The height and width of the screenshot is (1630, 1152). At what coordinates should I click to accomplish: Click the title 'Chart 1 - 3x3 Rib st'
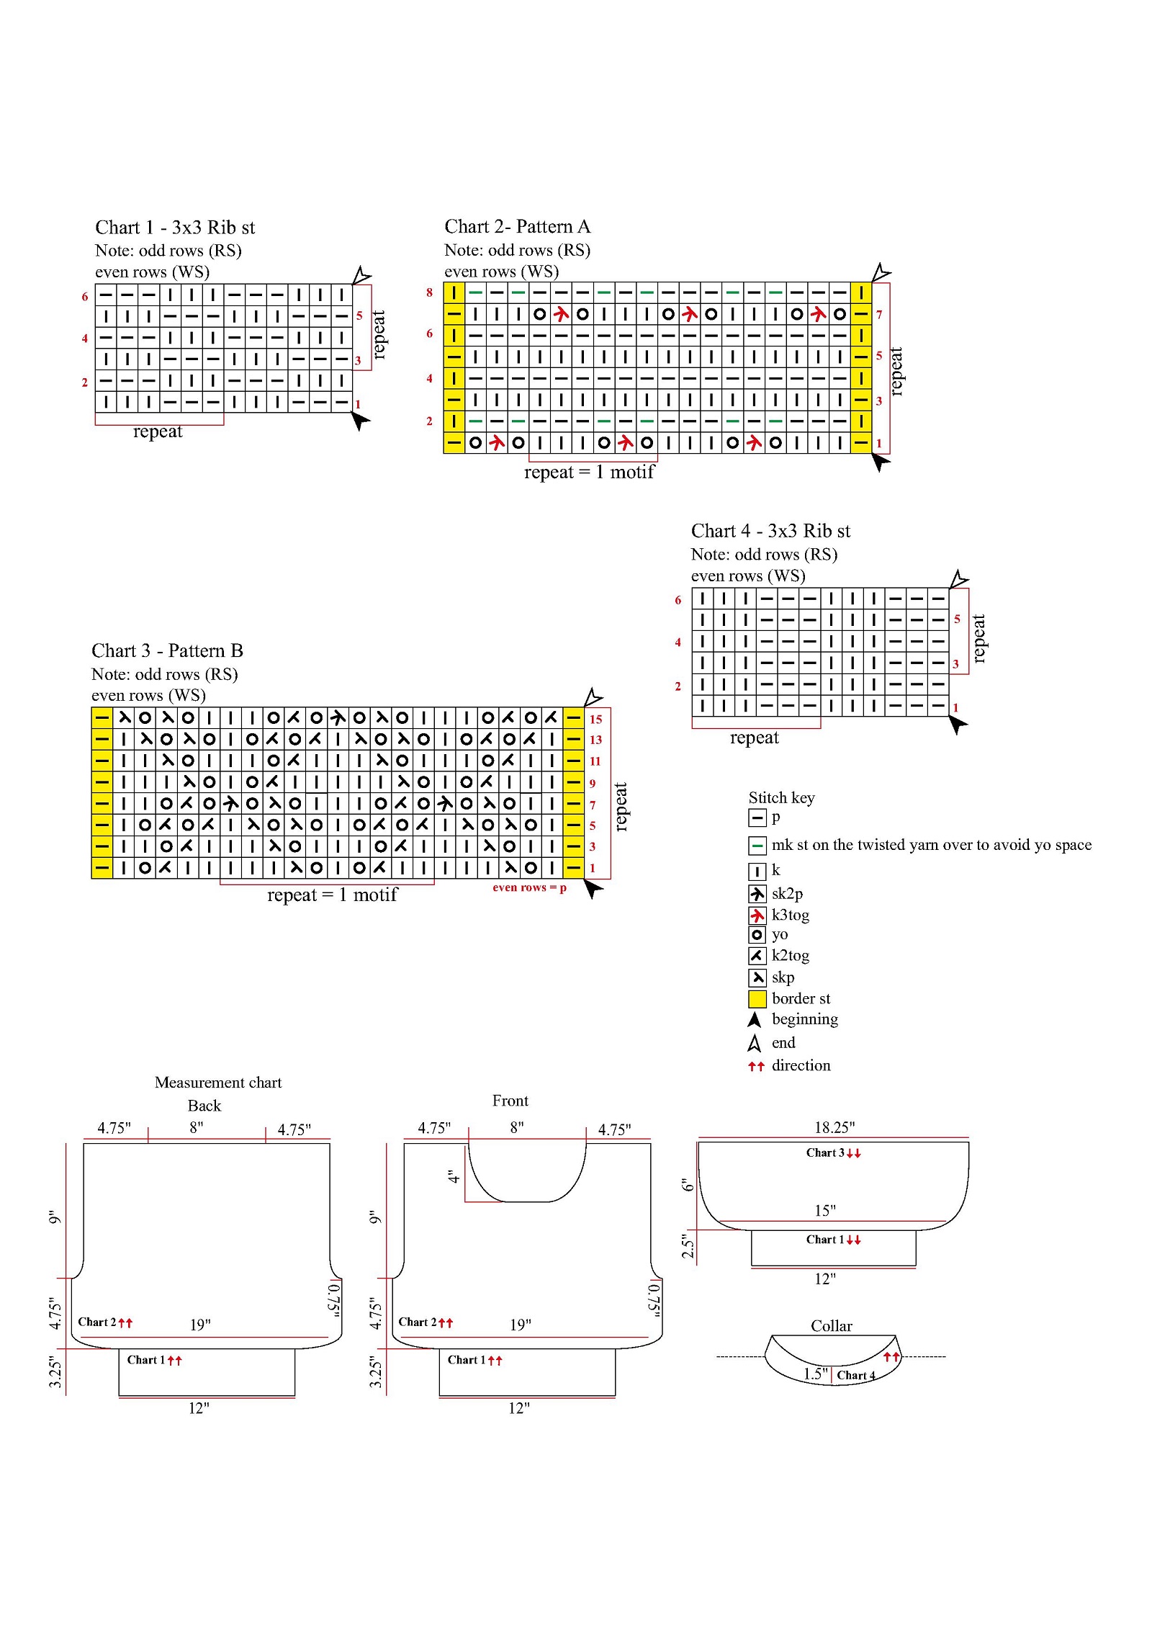pyautogui.click(x=175, y=228)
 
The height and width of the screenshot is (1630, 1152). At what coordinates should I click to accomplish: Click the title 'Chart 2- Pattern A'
pyautogui.click(x=517, y=227)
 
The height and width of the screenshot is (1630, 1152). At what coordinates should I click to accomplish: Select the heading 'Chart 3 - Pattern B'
pyautogui.click(x=167, y=650)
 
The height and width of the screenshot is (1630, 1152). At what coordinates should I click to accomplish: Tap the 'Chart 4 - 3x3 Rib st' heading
pyautogui.click(x=770, y=531)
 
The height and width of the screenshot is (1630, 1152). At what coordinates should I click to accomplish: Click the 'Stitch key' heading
pyautogui.click(x=781, y=797)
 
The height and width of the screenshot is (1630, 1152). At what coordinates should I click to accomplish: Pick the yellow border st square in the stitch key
pyautogui.click(x=757, y=998)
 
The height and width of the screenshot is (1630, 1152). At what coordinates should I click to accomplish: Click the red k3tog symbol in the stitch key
pyautogui.click(x=757, y=915)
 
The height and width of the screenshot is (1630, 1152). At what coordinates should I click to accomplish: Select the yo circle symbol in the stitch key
pyautogui.click(x=757, y=935)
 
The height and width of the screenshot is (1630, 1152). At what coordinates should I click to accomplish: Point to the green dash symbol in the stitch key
pyautogui.click(x=757, y=845)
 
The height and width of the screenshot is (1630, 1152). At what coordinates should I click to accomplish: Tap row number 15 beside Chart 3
pyautogui.click(x=595, y=719)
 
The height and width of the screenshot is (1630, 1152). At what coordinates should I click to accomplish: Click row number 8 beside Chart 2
pyautogui.click(x=429, y=292)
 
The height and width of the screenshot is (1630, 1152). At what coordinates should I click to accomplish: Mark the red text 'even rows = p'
pyautogui.click(x=529, y=887)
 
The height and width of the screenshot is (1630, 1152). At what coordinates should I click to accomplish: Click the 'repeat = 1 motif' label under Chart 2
pyautogui.click(x=589, y=472)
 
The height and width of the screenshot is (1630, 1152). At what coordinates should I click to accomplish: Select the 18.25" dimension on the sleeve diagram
pyautogui.click(x=834, y=1127)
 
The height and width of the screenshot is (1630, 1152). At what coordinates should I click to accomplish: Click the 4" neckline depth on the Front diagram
pyautogui.click(x=453, y=1176)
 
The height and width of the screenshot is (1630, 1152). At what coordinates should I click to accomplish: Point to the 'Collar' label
pyautogui.click(x=831, y=1326)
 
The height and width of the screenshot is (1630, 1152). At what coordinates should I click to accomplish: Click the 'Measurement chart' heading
pyautogui.click(x=218, y=1083)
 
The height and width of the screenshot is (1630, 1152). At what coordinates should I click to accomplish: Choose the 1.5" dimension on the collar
pyautogui.click(x=816, y=1374)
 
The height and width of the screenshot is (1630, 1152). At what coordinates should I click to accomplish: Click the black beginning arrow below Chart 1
pyautogui.click(x=359, y=419)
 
